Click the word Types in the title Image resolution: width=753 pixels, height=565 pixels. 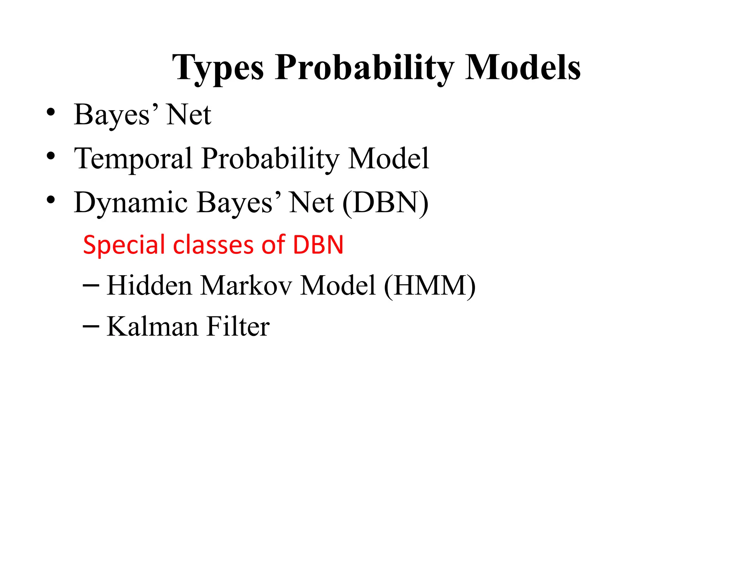tap(218, 68)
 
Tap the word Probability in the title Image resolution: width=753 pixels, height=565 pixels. tap(364, 68)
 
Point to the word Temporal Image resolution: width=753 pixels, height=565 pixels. tap(133, 159)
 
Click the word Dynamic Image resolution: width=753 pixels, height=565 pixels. tap(131, 203)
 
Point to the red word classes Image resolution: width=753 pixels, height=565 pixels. tap(213, 245)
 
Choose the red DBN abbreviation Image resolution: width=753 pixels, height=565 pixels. tap(318, 245)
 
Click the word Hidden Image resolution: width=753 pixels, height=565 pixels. tap(149, 285)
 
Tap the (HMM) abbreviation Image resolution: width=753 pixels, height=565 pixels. tap(429, 286)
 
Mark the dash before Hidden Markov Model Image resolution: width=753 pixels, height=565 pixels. tap(91, 285)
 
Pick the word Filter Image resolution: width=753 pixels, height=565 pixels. tap(238, 326)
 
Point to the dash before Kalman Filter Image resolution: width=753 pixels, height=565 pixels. tap(91, 326)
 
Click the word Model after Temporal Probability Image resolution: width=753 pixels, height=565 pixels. tap(389, 159)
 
